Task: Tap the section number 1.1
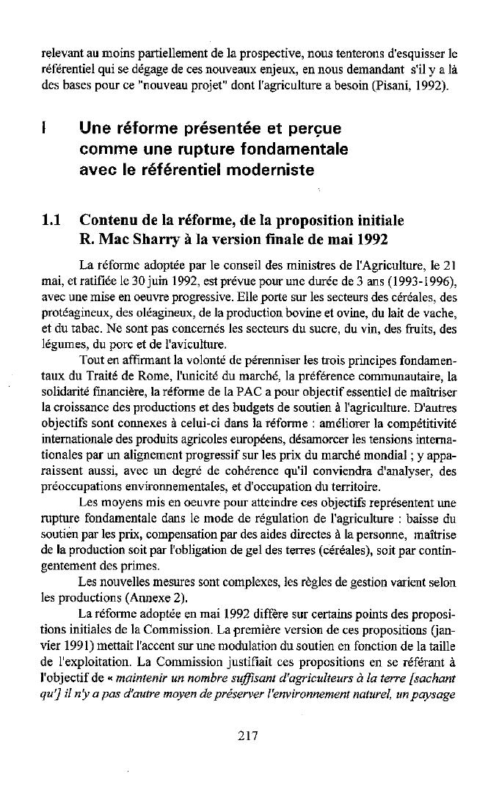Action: click(54, 221)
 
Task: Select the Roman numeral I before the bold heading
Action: click(44, 130)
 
